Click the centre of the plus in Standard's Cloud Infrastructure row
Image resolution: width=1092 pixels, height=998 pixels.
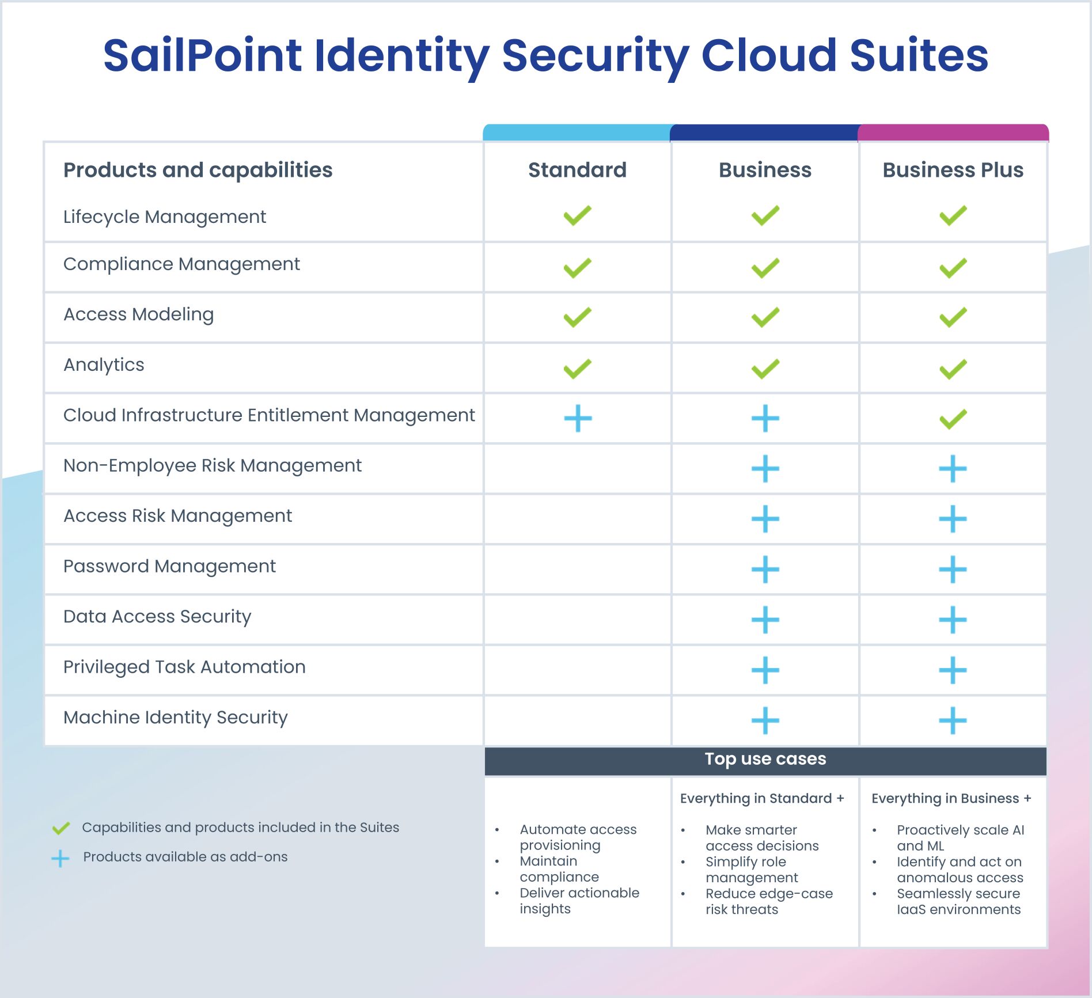click(578, 418)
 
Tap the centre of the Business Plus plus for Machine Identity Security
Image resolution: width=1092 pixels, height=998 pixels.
click(953, 720)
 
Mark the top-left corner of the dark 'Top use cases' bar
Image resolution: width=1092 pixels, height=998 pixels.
click(485, 747)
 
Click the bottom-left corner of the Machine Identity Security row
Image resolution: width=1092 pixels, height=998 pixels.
click(45, 745)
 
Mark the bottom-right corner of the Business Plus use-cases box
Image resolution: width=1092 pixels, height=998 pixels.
click(1046, 946)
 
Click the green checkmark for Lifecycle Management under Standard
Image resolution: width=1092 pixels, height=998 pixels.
click(578, 215)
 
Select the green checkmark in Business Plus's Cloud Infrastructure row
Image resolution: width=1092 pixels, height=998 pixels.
click(953, 419)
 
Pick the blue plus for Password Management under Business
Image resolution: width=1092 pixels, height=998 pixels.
click(765, 570)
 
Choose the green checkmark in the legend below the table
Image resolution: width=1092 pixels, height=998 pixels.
click(61, 828)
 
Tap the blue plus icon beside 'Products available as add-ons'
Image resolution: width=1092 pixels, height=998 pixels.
click(60, 859)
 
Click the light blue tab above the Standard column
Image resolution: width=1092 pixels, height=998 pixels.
click(577, 132)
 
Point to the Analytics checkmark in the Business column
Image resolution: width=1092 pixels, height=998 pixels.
click(765, 369)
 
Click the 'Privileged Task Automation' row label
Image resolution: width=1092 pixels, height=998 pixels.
click(184, 667)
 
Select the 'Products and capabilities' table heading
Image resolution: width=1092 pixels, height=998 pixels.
click(198, 170)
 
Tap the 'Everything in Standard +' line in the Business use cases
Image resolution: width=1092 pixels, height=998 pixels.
click(762, 798)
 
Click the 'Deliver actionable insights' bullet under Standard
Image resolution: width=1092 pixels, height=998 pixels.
click(579, 901)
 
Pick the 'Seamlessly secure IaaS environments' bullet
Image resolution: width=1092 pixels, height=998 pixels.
click(959, 901)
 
